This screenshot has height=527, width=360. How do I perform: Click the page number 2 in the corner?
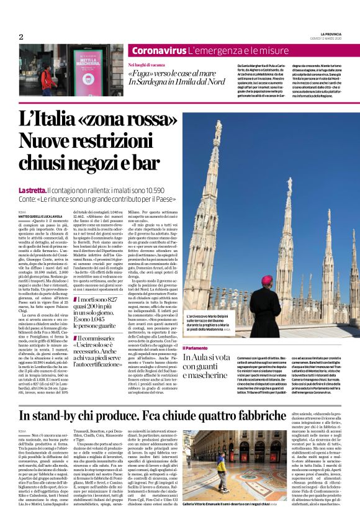tap(21, 37)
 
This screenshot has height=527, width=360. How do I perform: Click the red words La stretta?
tap(32, 190)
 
